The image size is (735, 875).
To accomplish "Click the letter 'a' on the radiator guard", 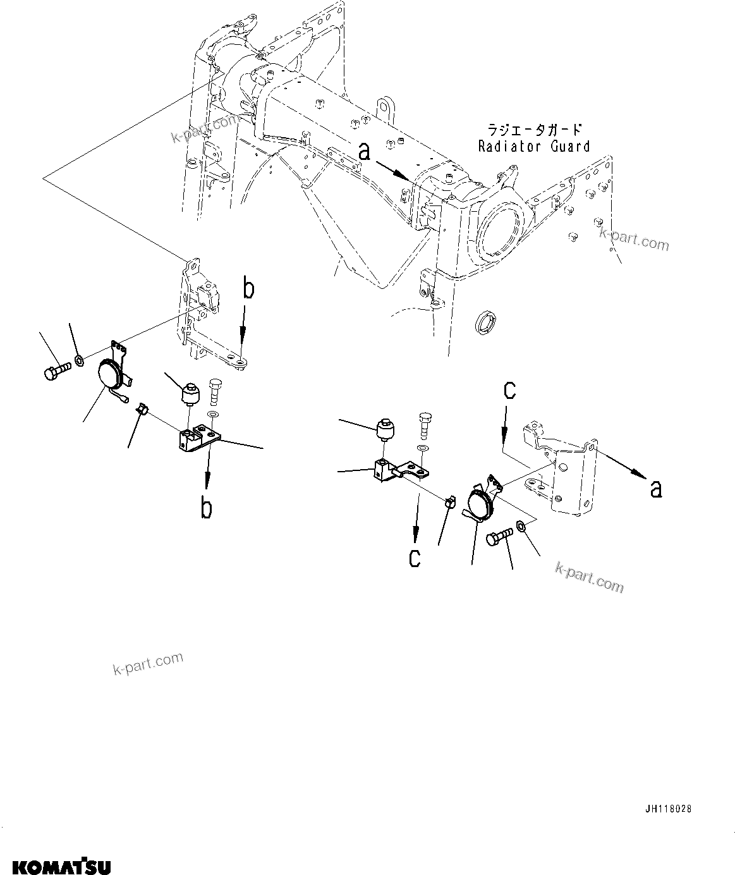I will [x=364, y=152].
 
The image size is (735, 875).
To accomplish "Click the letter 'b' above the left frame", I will [x=249, y=289].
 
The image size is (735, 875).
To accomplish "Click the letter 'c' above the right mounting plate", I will [x=509, y=390].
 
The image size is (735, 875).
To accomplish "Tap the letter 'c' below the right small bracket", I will [x=415, y=558].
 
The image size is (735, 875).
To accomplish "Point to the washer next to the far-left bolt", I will [x=80, y=360].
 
